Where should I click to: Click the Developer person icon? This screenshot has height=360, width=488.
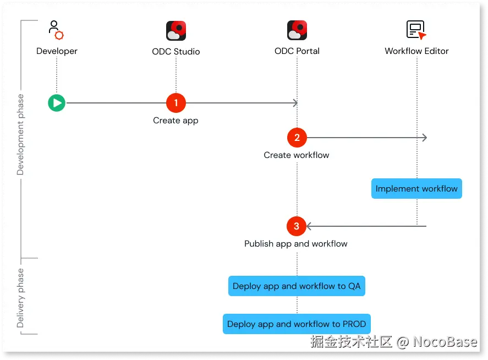pyautogui.click(x=56, y=30)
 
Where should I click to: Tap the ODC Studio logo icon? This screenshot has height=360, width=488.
pyautogui.click(x=176, y=31)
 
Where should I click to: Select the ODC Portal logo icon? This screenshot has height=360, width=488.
pyautogui.click(x=297, y=31)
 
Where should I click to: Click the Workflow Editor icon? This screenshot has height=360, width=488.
pyautogui.click(x=416, y=30)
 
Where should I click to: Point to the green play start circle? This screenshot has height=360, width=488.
pyautogui.click(x=57, y=102)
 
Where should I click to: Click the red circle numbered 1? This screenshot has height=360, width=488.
pyautogui.click(x=176, y=102)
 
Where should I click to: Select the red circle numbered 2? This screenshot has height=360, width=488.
pyautogui.click(x=297, y=137)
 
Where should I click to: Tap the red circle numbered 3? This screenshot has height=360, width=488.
pyautogui.click(x=297, y=226)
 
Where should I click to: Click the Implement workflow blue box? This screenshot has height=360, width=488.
pyautogui.click(x=416, y=188)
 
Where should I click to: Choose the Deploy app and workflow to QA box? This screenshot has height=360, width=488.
pyautogui.click(x=297, y=286)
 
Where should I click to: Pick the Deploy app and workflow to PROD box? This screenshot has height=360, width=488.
pyautogui.click(x=297, y=324)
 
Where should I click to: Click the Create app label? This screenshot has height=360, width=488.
pyautogui.click(x=176, y=121)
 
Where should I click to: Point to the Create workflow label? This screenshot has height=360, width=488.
pyautogui.click(x=296, y=155)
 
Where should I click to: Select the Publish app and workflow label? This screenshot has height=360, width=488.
pyautogui.click(x=296, y=244)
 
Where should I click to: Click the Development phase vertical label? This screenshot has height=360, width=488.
pyautogui.click(x=21, y=134)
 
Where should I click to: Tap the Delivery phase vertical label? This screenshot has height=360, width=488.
pyautogui.click(x=21, y=298)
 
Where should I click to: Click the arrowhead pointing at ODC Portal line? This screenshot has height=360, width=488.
pyautogui.click(x=295, y=103)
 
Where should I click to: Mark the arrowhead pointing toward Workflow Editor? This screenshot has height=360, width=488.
pyautogui.click(x=424, y=138)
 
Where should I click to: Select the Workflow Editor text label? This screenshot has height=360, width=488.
pyautogui.click(x=416, y=51)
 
